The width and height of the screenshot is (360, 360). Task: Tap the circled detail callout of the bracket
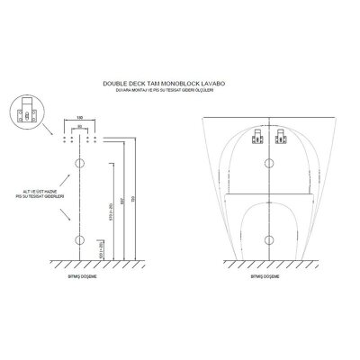point(30,113)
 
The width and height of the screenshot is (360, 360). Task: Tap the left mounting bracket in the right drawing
point(256,138)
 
